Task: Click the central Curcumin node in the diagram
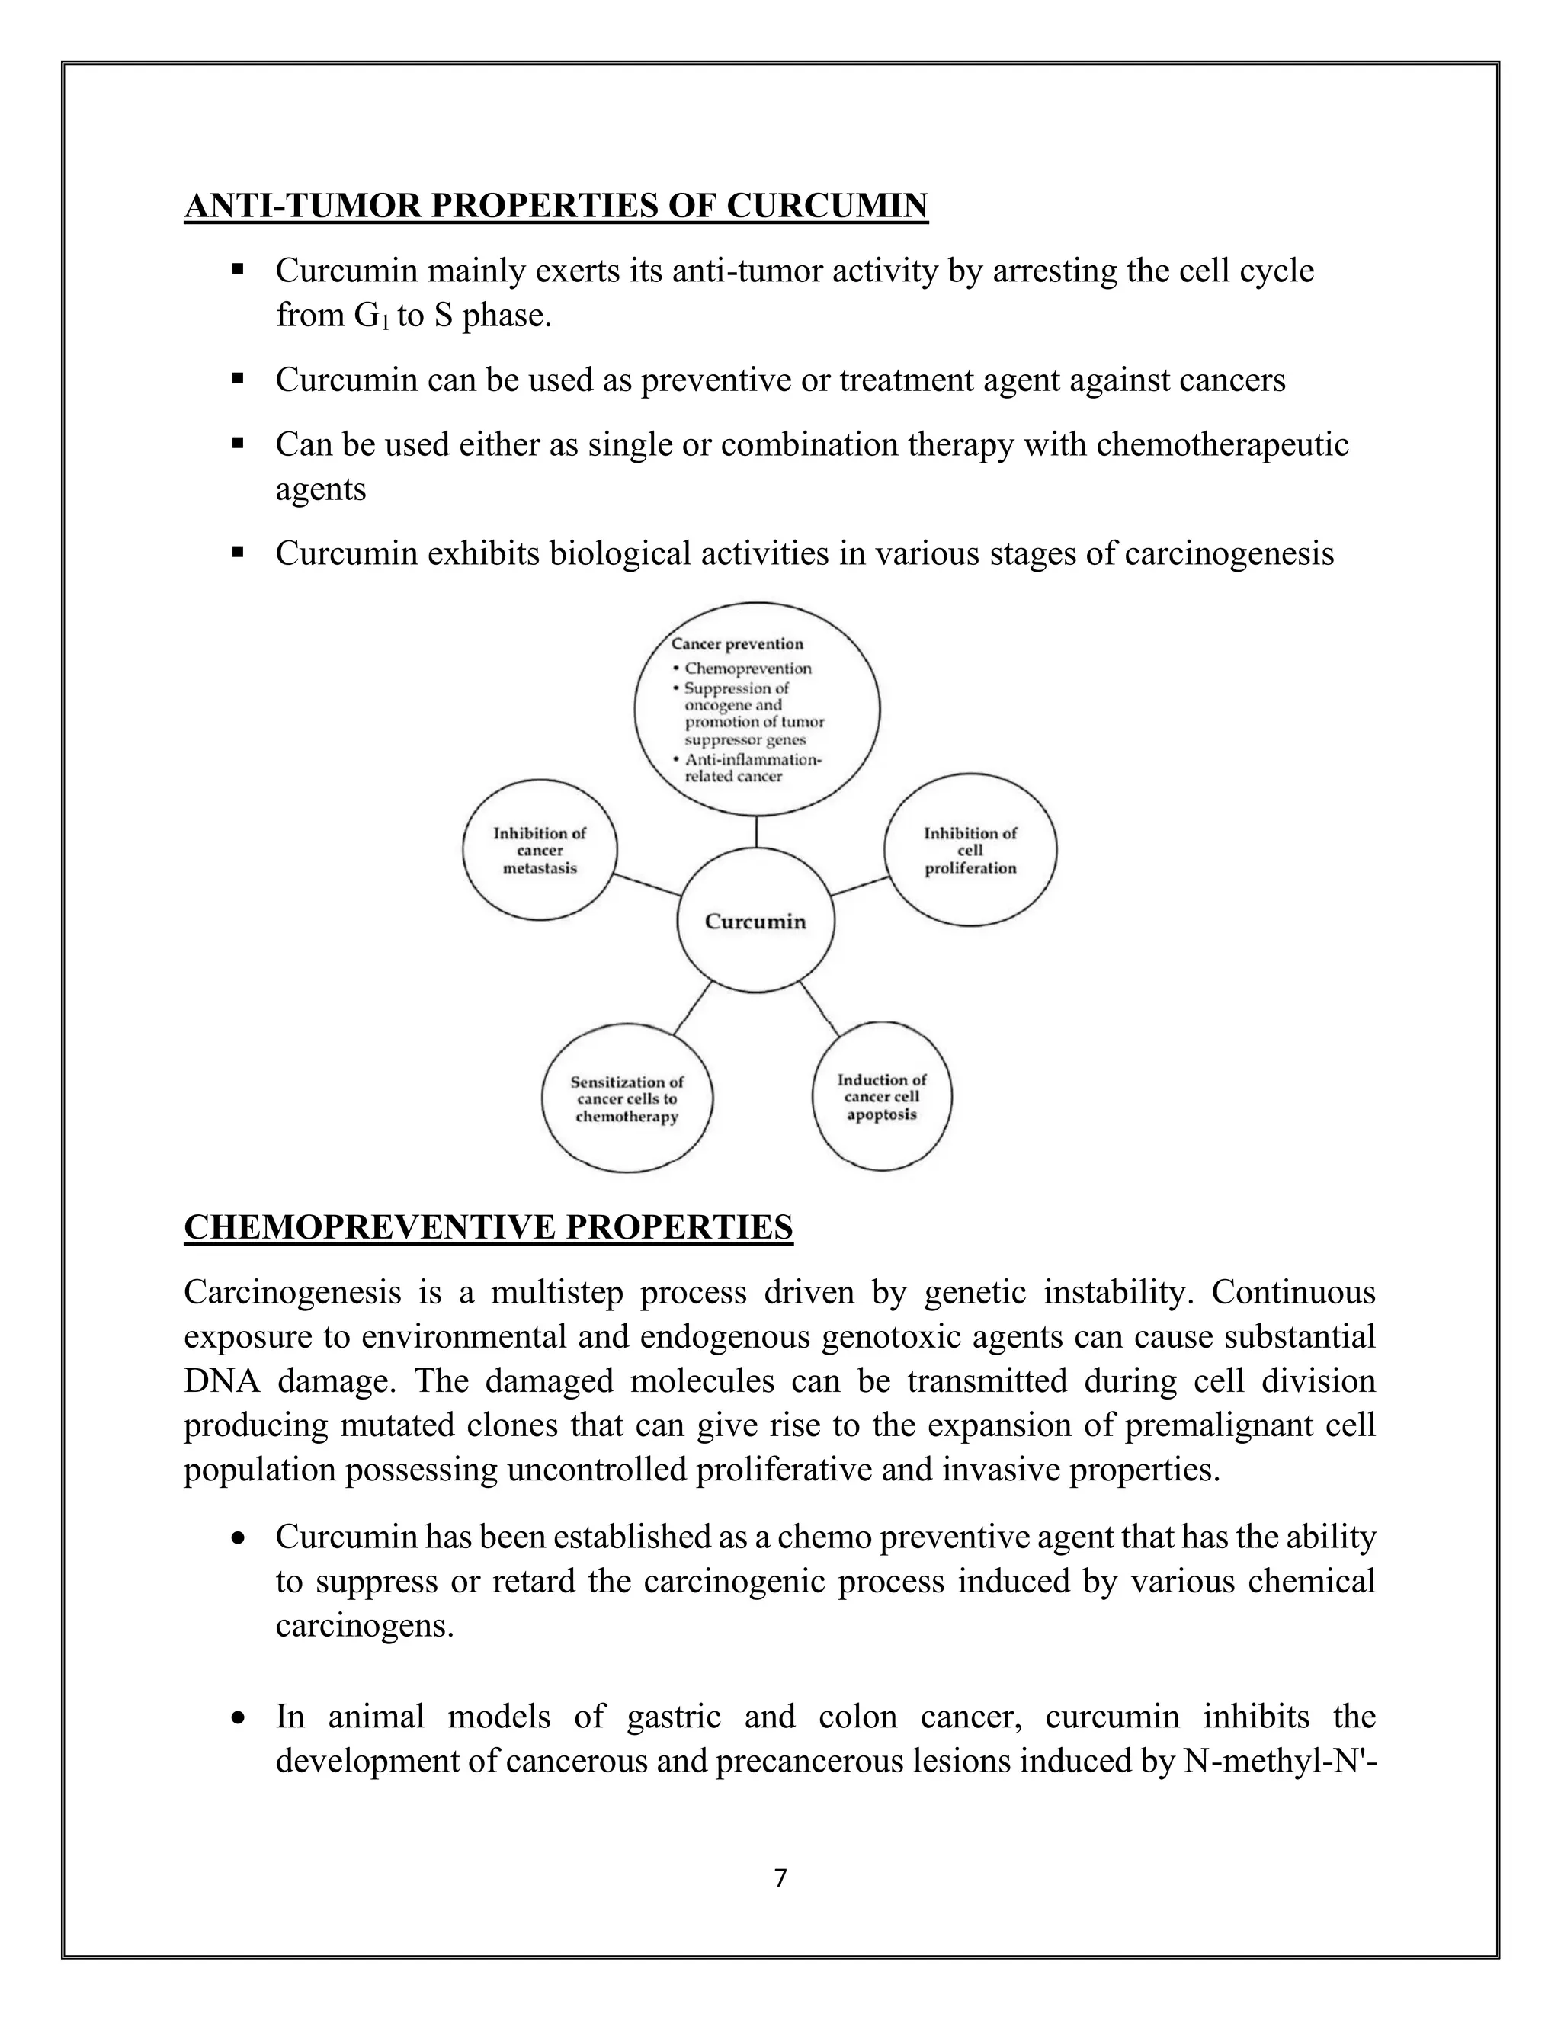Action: click(755, 922)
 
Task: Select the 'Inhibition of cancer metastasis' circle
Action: click(540, 850)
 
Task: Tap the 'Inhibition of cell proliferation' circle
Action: click(970, 850)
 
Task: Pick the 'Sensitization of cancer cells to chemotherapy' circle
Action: click(627, 1098)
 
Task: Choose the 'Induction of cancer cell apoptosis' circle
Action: click(881, 1097)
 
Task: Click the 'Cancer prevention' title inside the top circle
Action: click(737, 644)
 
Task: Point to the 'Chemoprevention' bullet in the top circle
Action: click(747, 668)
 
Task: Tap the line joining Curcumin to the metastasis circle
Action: click(647, 884)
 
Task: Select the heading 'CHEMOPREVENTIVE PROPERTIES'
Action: click(489, 1227)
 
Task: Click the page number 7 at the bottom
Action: click(780, 1877)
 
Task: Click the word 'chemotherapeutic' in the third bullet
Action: click(1223, 445)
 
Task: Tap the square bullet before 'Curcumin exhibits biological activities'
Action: click(238, 552)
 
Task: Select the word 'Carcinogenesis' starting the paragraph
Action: click(292, 1292)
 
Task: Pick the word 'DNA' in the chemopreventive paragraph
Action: click(217, 1381)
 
